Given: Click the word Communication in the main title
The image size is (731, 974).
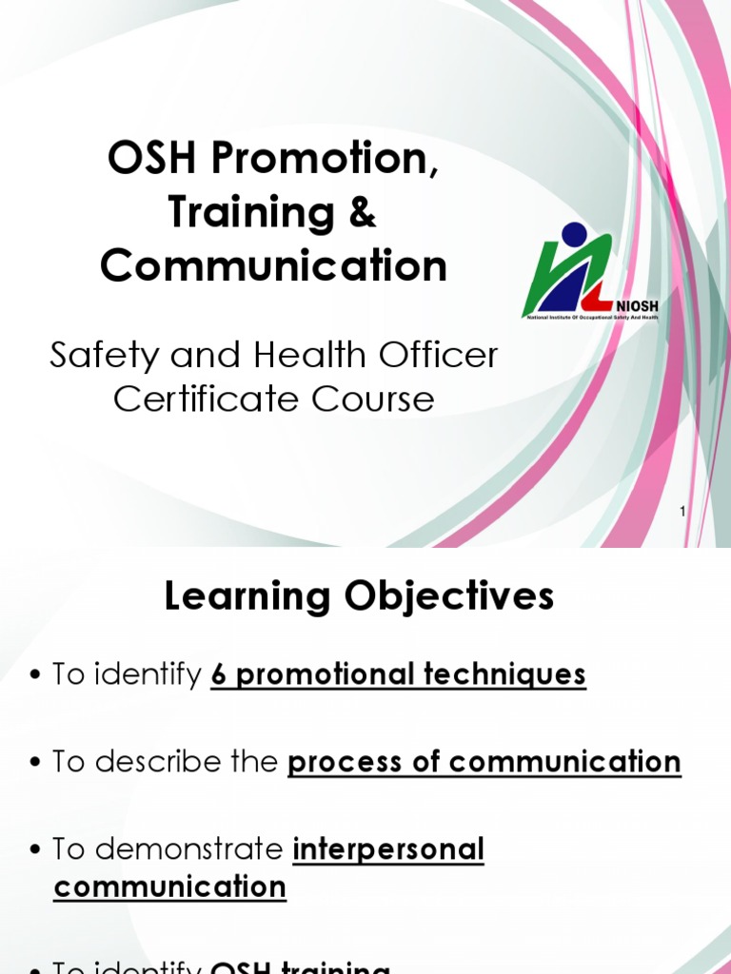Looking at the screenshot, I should [x=273, y=266].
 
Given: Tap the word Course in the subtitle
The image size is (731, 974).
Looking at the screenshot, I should [x=376, y=399].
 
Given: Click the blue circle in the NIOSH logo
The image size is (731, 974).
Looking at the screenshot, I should [x=574, y=234].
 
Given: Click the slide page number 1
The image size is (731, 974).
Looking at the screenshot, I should [x=683, y=513].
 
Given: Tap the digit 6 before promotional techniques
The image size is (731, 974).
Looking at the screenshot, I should [x=218, y=674].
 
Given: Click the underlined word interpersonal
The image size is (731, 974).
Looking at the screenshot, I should [x=388, y=848].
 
